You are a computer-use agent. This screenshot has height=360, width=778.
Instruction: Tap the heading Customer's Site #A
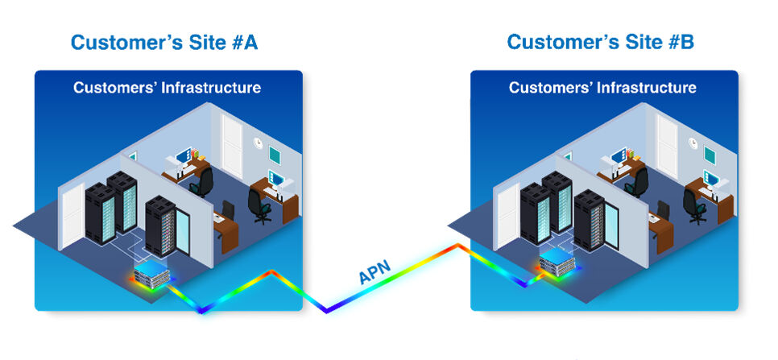(x=163, y=42)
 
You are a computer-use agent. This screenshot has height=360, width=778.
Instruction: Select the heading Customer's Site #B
(x=599, y=42)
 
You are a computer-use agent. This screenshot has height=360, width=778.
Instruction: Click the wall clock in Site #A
(x=258, y=143)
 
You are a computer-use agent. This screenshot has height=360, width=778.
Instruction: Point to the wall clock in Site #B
(x=693, y=143)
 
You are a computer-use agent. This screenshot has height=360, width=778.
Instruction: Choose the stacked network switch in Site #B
(x=559, y=264)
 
